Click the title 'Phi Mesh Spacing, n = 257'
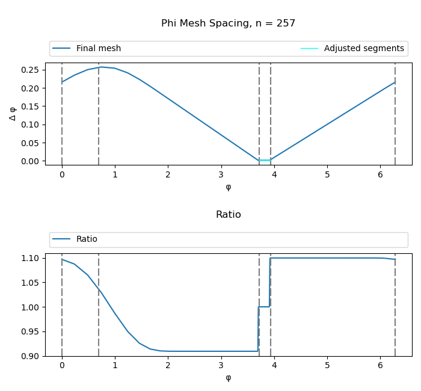pos(228,23)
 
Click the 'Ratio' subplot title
pos(228,215)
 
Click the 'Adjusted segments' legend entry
pos(363,49)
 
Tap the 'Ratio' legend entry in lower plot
pos(87,239)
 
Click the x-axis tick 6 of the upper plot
pos(380,174)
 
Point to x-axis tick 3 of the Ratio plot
pos(221,366)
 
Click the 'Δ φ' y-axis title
pos(13,113)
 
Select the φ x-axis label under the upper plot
pos(228,187)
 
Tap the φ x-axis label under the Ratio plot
pos(228,378)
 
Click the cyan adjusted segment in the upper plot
pos(265,160)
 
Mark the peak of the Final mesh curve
pos(102,67)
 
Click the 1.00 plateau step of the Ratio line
pos(263,307)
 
